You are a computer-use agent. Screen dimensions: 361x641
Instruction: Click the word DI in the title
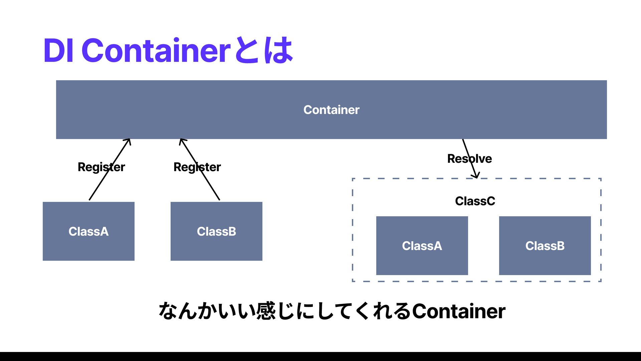(58, 51)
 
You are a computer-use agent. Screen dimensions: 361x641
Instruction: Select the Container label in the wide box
(331, 110)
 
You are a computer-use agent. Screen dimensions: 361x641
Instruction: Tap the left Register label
(101, 167)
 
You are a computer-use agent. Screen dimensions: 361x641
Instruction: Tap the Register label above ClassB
(197, 167)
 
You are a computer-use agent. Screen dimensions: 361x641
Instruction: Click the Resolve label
(469, 158)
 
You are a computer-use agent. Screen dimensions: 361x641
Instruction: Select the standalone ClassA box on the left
(88, 231)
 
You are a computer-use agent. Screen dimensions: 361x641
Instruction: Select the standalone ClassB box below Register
(216, 231)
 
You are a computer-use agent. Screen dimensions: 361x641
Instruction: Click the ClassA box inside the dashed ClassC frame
(422, 246)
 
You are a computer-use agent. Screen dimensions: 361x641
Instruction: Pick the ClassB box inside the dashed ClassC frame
(545, 246)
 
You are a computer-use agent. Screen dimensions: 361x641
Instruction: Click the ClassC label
(475, 201)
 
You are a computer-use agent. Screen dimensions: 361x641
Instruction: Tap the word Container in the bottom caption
(459, 311)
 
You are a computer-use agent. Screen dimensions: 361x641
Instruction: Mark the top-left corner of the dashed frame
(353, 179)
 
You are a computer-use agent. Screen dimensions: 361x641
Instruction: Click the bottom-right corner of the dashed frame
(601, 281)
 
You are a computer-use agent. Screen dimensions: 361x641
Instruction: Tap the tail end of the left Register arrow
(89, 200)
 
